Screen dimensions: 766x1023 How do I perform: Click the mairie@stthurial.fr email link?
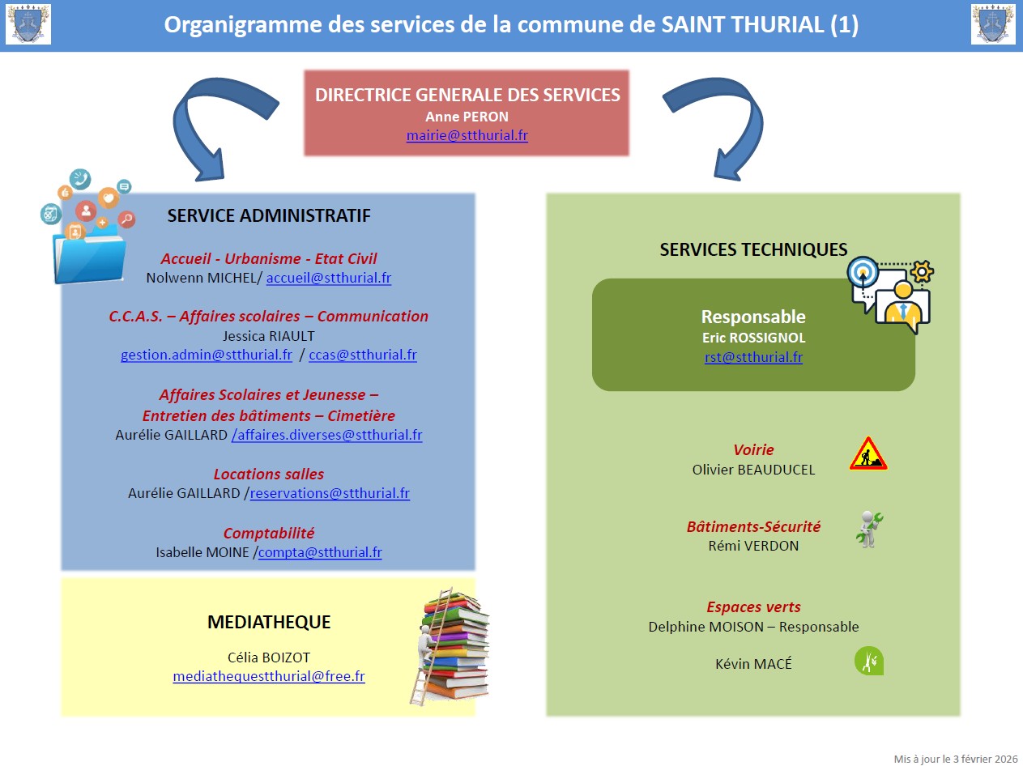[x=467, y=136]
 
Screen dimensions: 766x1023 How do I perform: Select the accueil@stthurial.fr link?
[x=329, y=278]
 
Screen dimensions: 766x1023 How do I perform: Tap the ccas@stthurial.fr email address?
[x=363, y=355]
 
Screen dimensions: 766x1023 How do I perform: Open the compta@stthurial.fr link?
[x=320, y=552]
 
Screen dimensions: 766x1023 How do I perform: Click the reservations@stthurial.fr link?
[x=330, y=493]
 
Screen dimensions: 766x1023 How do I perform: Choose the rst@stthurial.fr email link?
[x=753, y=357]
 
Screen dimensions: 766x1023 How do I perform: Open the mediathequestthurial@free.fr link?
[x=269, y=676]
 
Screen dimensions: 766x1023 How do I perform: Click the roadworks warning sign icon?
[x=868, y=454]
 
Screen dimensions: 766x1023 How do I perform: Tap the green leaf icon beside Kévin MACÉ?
[x=868, y=661]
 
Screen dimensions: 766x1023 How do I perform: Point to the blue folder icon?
[x=87, y=251]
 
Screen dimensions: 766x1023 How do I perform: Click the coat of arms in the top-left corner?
[x=28, y=24]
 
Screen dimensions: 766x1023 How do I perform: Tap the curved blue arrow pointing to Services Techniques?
[x=716, y=122]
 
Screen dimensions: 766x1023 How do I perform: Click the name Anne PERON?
[x=467, y=117]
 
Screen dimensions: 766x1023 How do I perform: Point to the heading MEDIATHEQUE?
[x=269, y=622]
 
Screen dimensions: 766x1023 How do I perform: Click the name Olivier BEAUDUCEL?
[x=753, y=470]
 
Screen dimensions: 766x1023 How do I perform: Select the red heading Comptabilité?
[x=269, y=533]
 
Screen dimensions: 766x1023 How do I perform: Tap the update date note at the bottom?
[x=955, y=759]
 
